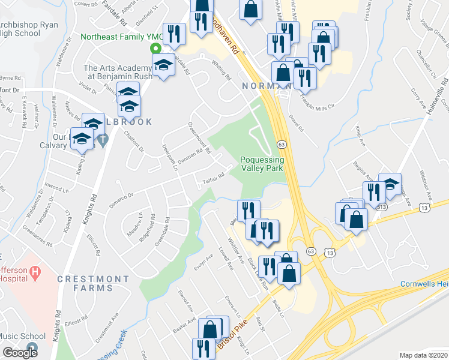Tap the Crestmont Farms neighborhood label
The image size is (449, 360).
[93, 283]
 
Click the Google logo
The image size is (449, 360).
[20, 353]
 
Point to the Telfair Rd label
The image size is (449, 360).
[213, 178]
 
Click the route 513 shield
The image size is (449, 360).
[382, 207]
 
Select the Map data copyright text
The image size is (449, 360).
[423, 355]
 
